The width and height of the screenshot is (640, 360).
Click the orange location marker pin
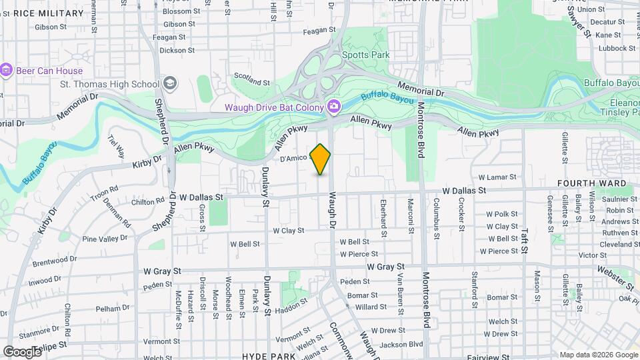click(321, 158)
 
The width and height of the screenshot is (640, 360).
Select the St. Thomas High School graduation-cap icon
click(170, 83)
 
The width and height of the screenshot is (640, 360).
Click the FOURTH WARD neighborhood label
click(592, 183)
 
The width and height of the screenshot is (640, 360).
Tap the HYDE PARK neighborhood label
click(269, 357)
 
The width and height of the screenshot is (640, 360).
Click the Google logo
click(23, 351)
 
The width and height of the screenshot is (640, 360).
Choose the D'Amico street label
click(293, 159)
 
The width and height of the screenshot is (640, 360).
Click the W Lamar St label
click(498, 177)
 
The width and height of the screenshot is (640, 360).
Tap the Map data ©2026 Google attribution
click(597, 355)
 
